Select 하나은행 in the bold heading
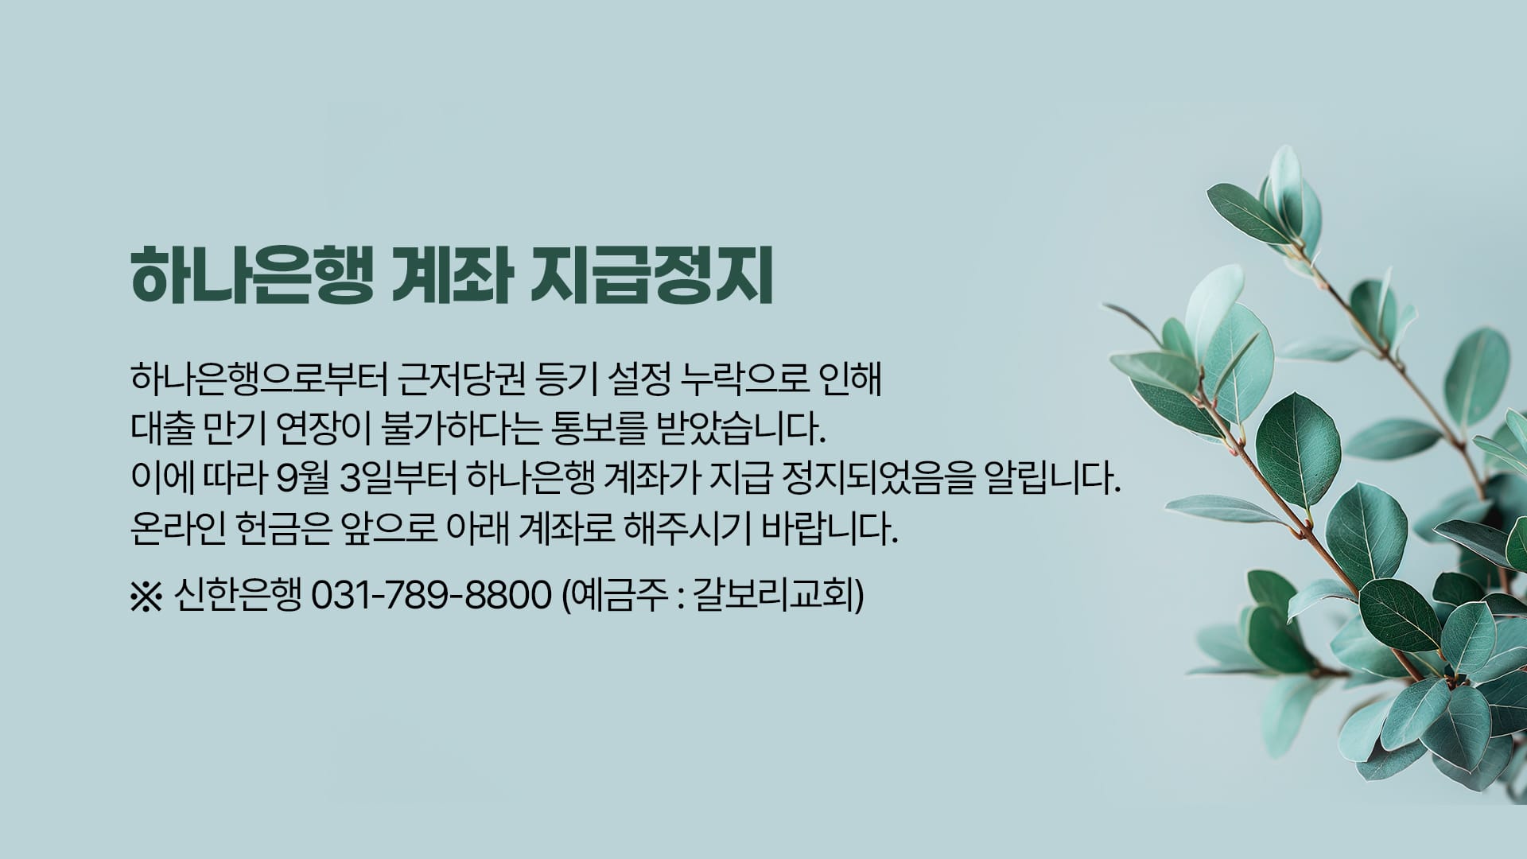pos(252,276)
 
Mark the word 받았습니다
pos(733,429)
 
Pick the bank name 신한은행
pos(237,595)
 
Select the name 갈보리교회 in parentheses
pos(773,595)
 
